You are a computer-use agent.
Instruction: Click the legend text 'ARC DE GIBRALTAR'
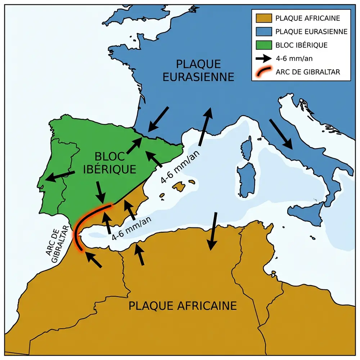pyautogui.click(x=308, y=72)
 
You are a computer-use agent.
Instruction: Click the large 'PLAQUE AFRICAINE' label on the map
pyautogui.click(x=183, y=306)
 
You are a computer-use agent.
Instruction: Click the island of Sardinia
pyautogui.click(x=246, y=179)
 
